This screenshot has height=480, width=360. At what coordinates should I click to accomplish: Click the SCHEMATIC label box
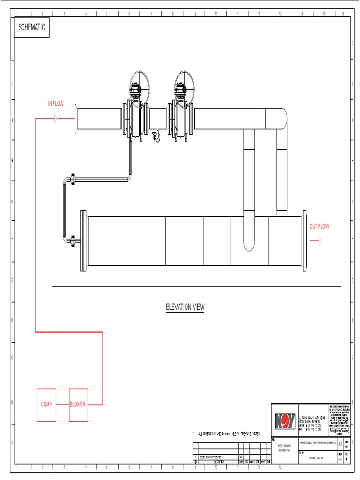(31, 28)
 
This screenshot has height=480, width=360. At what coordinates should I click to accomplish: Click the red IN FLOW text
(55, 104)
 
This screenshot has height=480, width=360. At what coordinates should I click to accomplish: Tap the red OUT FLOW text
(319, 226)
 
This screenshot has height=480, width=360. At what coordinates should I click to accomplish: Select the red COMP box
(46, 404)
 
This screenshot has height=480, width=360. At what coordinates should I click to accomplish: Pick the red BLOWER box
(78, 404)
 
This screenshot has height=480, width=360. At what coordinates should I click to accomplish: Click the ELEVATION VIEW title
(185, 307)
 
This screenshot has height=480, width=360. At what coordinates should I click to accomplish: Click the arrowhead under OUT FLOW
(317, 241)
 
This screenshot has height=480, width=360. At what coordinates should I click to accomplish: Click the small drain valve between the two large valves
(156, 137)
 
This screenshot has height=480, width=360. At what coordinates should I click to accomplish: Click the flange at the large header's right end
(304, 241)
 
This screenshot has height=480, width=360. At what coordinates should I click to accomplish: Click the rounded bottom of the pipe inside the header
(249, 246)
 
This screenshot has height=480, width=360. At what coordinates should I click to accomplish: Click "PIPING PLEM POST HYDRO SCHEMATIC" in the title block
(318, 443)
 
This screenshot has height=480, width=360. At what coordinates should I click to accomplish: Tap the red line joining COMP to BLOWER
(62, 404)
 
